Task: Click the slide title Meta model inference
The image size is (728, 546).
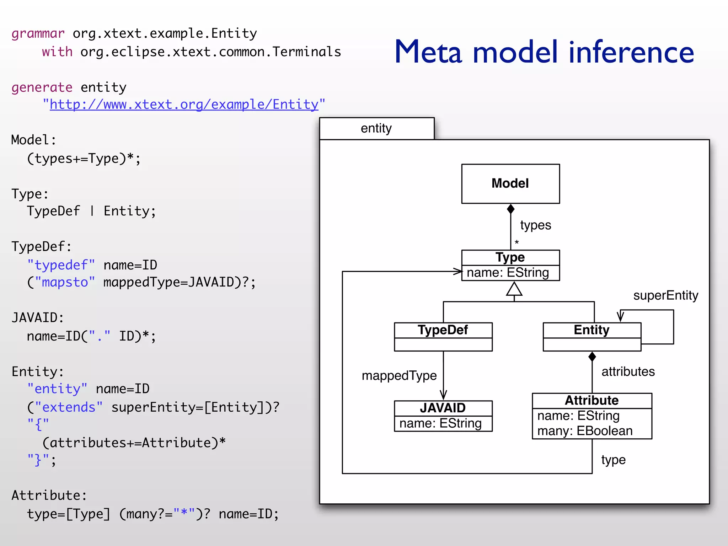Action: click(544, 52)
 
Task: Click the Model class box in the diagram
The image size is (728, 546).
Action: click(510, 183)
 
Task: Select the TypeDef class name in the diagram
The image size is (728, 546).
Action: click(443, 330)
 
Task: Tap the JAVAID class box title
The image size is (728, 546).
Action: click(443, 408)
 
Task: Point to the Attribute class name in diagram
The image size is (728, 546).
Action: click(591, 400)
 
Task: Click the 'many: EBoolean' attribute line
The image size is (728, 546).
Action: click(585, 431)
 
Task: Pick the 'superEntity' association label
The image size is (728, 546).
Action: click(665, 295)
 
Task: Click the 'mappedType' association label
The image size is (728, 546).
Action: click(399, 376)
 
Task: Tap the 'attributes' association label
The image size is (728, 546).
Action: click(628, 371)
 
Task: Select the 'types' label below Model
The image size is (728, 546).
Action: click(535, 225)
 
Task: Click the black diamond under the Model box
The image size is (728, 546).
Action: click(510, 209)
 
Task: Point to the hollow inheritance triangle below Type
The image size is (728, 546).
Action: click(514, 289)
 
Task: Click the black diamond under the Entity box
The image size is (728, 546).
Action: click(592, 356)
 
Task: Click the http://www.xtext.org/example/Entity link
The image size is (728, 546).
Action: click(184, 105)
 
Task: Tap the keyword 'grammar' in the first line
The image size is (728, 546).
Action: click(38, 33)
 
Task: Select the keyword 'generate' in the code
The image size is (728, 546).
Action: click(42, 87)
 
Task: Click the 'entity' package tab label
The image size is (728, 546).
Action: click(376, 128)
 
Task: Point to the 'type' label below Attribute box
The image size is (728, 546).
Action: click(613, 460)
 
